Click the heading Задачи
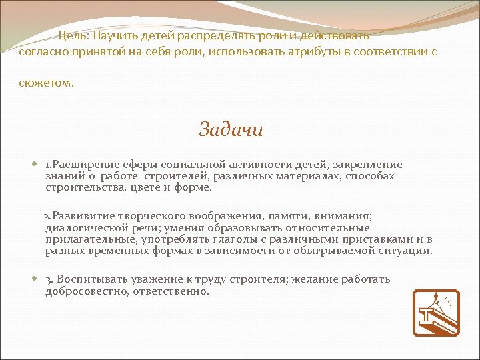(x=231, y=129)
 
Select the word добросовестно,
(x=87, y=291)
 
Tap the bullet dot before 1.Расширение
(x=35, y=165)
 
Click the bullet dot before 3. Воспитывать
(x=35, y=279)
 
